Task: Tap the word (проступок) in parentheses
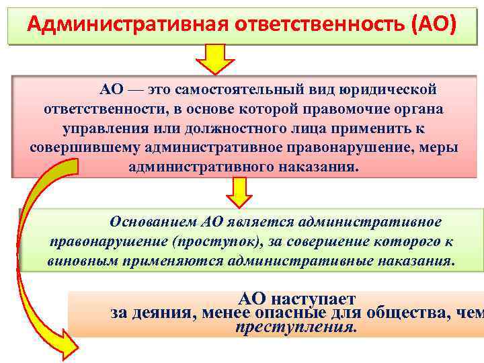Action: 213,241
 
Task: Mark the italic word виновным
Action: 79,260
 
